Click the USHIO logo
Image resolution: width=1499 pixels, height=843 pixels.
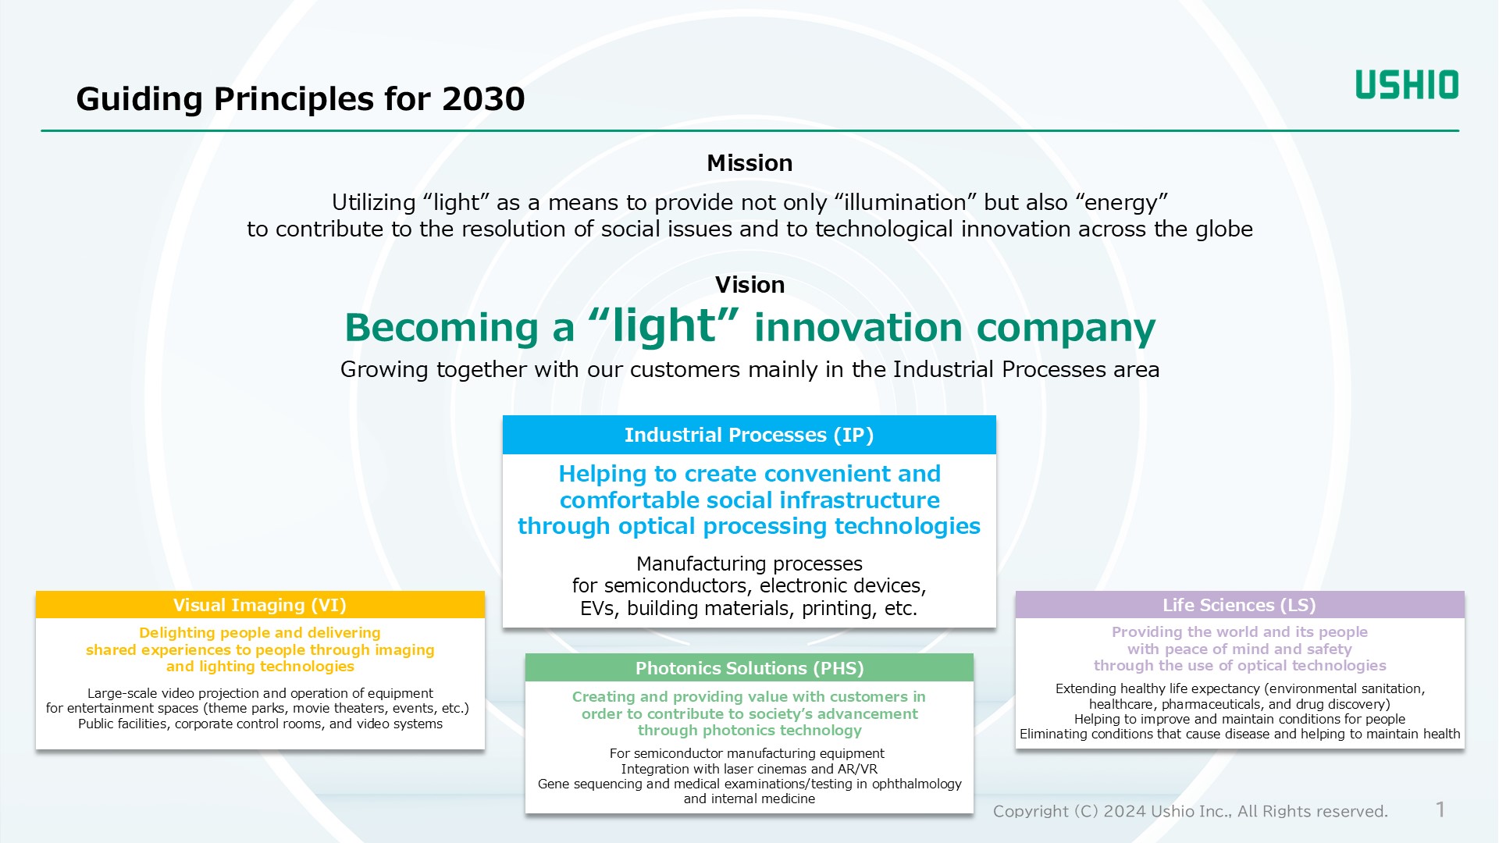(1407, 84)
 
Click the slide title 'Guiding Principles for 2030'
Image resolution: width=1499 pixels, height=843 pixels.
(301, 99)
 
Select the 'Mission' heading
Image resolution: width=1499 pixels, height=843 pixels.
(749, 163)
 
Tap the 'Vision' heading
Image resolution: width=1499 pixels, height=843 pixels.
(749, 285)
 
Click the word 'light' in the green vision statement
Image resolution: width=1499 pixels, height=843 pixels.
(664, 326)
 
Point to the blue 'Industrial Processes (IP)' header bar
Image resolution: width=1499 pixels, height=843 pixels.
(749, 435)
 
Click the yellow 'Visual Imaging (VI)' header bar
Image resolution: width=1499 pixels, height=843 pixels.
(260, 605)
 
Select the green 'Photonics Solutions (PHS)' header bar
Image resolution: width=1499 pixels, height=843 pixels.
(749, 668)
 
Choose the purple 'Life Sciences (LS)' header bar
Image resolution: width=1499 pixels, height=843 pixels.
(1240, 605)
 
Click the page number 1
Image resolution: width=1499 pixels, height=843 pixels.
(1440, 809)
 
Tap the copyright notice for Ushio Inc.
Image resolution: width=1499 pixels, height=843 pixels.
(1191, 812)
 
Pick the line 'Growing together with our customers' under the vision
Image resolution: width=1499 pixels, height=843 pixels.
(749, 370)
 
